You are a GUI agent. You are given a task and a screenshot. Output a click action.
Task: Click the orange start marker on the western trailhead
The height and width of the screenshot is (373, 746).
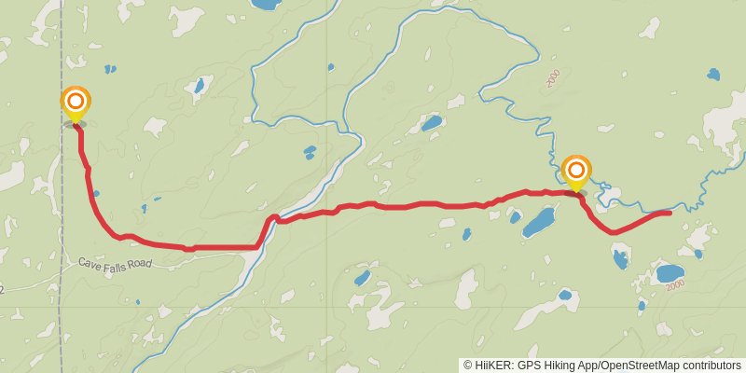tap(76, 103)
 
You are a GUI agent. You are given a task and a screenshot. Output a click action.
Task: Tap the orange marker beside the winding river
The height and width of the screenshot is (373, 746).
tap(577, 171)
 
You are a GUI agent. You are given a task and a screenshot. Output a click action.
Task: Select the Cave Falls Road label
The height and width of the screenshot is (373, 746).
tap(114, 264)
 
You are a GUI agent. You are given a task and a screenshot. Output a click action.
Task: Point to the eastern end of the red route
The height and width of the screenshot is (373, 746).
tap(669, 214)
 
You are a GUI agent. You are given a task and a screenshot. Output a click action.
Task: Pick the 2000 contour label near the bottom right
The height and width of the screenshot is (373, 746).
tap(675, 283)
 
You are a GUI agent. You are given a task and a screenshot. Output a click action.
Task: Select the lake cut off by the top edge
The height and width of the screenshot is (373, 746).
tap(266, 4)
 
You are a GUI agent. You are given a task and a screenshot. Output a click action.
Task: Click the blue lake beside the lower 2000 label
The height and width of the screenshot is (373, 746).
tap(669, 273)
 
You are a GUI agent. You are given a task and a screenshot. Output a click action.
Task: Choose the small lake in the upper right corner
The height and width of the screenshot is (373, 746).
tap(713, 74)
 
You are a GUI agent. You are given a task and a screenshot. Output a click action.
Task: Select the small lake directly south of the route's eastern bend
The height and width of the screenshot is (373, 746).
tap(619, 258)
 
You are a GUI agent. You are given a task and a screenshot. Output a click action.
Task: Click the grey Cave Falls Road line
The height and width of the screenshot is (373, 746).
tap(186, 261)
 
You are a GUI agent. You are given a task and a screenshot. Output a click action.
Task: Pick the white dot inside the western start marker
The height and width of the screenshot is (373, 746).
tap(76, 101)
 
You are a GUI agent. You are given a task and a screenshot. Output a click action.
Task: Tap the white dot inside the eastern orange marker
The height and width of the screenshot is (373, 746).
tap(577, 169)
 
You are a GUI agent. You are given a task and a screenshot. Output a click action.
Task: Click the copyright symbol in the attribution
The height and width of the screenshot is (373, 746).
tap(467, 365)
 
